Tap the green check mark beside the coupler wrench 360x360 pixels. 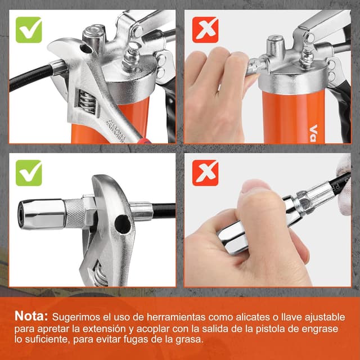pos(28,173)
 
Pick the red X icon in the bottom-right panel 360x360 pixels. pos(205,173)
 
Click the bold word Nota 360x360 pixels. pos(31,316)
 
